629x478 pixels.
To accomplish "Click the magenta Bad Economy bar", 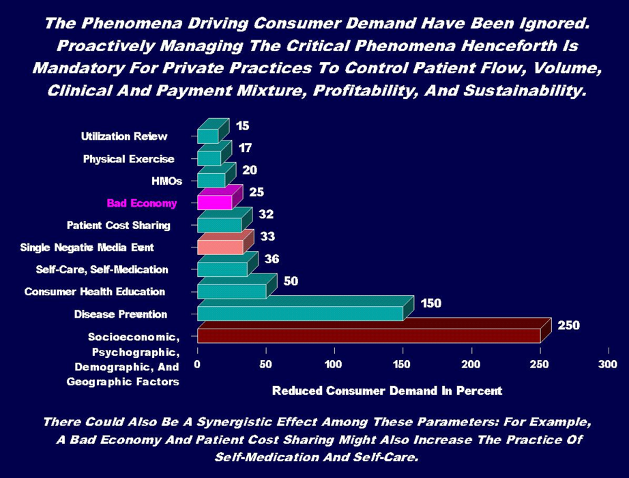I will click(x=214, y=203).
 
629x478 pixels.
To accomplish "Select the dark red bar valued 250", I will click(x=368, y=335).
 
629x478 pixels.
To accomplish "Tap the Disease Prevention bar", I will click(x=299, y=313).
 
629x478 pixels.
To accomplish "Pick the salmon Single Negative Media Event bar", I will click(x=220, y=247).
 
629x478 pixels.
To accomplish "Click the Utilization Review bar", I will click(x=207, y=136).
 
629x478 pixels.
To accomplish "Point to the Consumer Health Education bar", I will click(x=231, y=291).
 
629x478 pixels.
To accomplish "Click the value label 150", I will click(x=430, y=303).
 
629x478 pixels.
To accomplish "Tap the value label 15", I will click(x=243, y=125).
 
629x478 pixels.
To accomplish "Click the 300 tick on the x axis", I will click(x=607, y=365).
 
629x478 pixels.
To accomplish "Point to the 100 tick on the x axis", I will click(x=334, y=365).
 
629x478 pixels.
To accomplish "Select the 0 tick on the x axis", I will click(x=198, y=365).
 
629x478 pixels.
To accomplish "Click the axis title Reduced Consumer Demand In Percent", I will click(x=387, y=391).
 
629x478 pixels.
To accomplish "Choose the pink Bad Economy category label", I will click(x=141, y=203).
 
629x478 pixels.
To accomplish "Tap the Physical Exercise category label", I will click(x=128, y=160).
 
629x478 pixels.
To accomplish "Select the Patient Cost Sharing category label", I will click(x=118, y=225).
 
